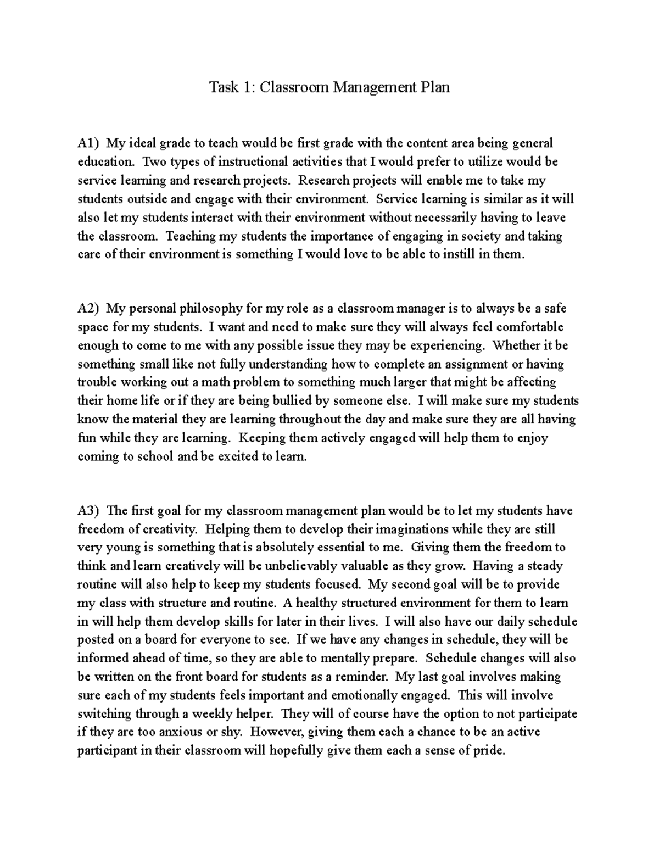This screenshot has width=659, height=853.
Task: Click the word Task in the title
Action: coord(223,87)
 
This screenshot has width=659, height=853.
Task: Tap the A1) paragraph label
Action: coord(88,144)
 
